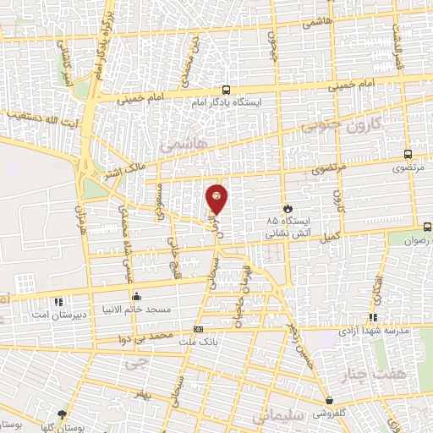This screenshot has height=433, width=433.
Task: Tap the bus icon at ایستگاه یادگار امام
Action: click(x=226, y=89)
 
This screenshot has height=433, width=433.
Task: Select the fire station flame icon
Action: click(x=288, y=208)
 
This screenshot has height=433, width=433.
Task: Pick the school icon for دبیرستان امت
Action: click(x=58, y=302)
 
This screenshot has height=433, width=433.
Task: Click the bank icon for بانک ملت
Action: click(x=198, y=329)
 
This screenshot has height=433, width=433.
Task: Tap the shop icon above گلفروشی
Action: click(x=329, y=401)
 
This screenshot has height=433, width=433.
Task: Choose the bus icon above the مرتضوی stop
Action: click(x=408, y=155)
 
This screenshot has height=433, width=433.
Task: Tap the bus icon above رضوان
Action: click(x=426, y=226)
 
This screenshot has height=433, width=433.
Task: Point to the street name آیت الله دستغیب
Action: click(x=41, y=114)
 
